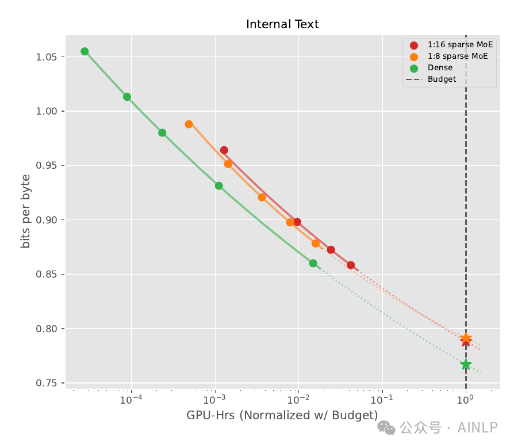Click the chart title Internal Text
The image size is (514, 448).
[282, 24]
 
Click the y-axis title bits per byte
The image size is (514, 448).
[25, 211]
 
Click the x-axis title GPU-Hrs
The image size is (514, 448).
[210, 415]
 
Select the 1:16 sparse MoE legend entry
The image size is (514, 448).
[451, 45]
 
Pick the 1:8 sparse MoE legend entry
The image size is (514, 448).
[449, 56]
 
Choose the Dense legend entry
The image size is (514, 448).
[431, 67]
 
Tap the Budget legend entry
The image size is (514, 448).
[431, 79]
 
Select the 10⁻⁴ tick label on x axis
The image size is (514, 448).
[131, 399]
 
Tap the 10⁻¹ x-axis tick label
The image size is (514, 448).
[382, 399]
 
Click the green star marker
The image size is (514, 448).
[466, 365]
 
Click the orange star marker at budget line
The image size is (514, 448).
[466, 338]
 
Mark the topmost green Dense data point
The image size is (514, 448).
[85, 51]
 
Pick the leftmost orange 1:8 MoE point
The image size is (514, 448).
[189, 124]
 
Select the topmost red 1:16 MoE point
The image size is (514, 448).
[224, 150]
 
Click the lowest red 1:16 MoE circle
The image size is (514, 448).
[351, 265]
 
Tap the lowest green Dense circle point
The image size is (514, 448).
[313, 263]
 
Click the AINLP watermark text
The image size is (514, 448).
[478, 428]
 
